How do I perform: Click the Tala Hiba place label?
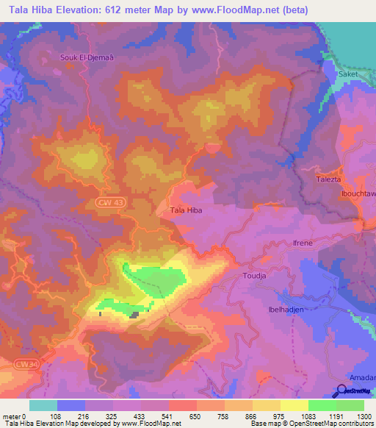[186, 210]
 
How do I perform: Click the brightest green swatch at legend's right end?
[350, 405]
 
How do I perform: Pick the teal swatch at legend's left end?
[43, 405]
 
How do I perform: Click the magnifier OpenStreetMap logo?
[342, 391]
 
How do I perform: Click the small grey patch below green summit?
[134, 315]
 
